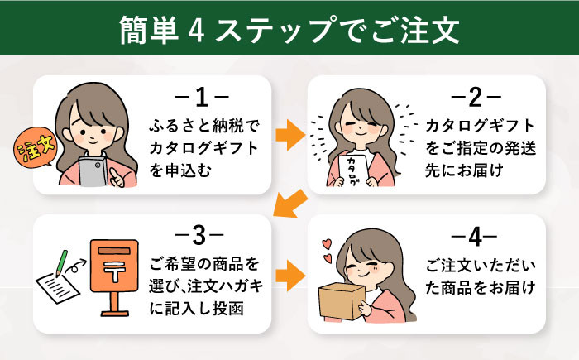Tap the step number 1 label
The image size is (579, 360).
199,99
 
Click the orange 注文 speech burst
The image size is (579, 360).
32,152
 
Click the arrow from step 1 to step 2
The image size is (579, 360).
288,132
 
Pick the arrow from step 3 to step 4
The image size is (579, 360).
288,271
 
